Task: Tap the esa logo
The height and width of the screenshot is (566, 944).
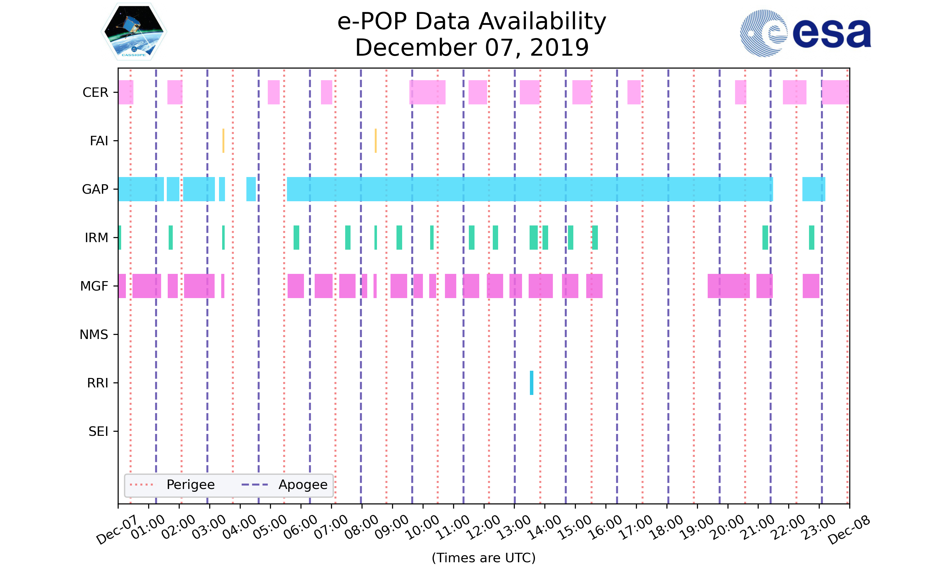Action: pyautogui.click(x=805, y=33)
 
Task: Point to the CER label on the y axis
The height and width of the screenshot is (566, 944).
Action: pyautogui.click(x=95, y=92)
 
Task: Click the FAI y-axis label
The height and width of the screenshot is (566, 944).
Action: pyautogui.click(x=99, y=141)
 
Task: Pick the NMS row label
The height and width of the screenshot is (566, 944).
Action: pyautogui.click(x=94, y=335)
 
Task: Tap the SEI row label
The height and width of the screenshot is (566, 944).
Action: pyautogui.click(x=98, y=431)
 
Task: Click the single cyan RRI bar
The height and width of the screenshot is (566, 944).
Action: pyautogui.click(x=531, y=383)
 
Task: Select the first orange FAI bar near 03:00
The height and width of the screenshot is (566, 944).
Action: pyautogui.click(x=223, y=141)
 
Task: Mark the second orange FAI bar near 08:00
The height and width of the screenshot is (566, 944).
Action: pyautogui.click(x=375, y=141)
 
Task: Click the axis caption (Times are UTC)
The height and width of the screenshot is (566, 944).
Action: pyautogui.click(x=483, y=558)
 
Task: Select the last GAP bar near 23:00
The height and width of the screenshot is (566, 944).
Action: pyautogui.click(x=813, y=189)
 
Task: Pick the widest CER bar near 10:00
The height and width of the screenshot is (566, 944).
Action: pyautogui.click(x=427, y=92)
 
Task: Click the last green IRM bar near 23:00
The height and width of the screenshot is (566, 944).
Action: pyautogui.click(x=812, y=238)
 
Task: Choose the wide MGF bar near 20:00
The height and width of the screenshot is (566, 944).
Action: pyautogui.click(x=728, y=286)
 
